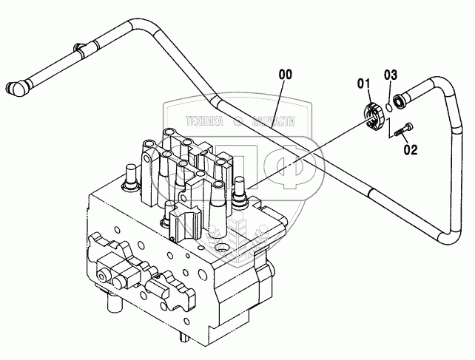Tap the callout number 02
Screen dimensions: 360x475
411,149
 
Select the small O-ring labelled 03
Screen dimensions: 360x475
387,104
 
